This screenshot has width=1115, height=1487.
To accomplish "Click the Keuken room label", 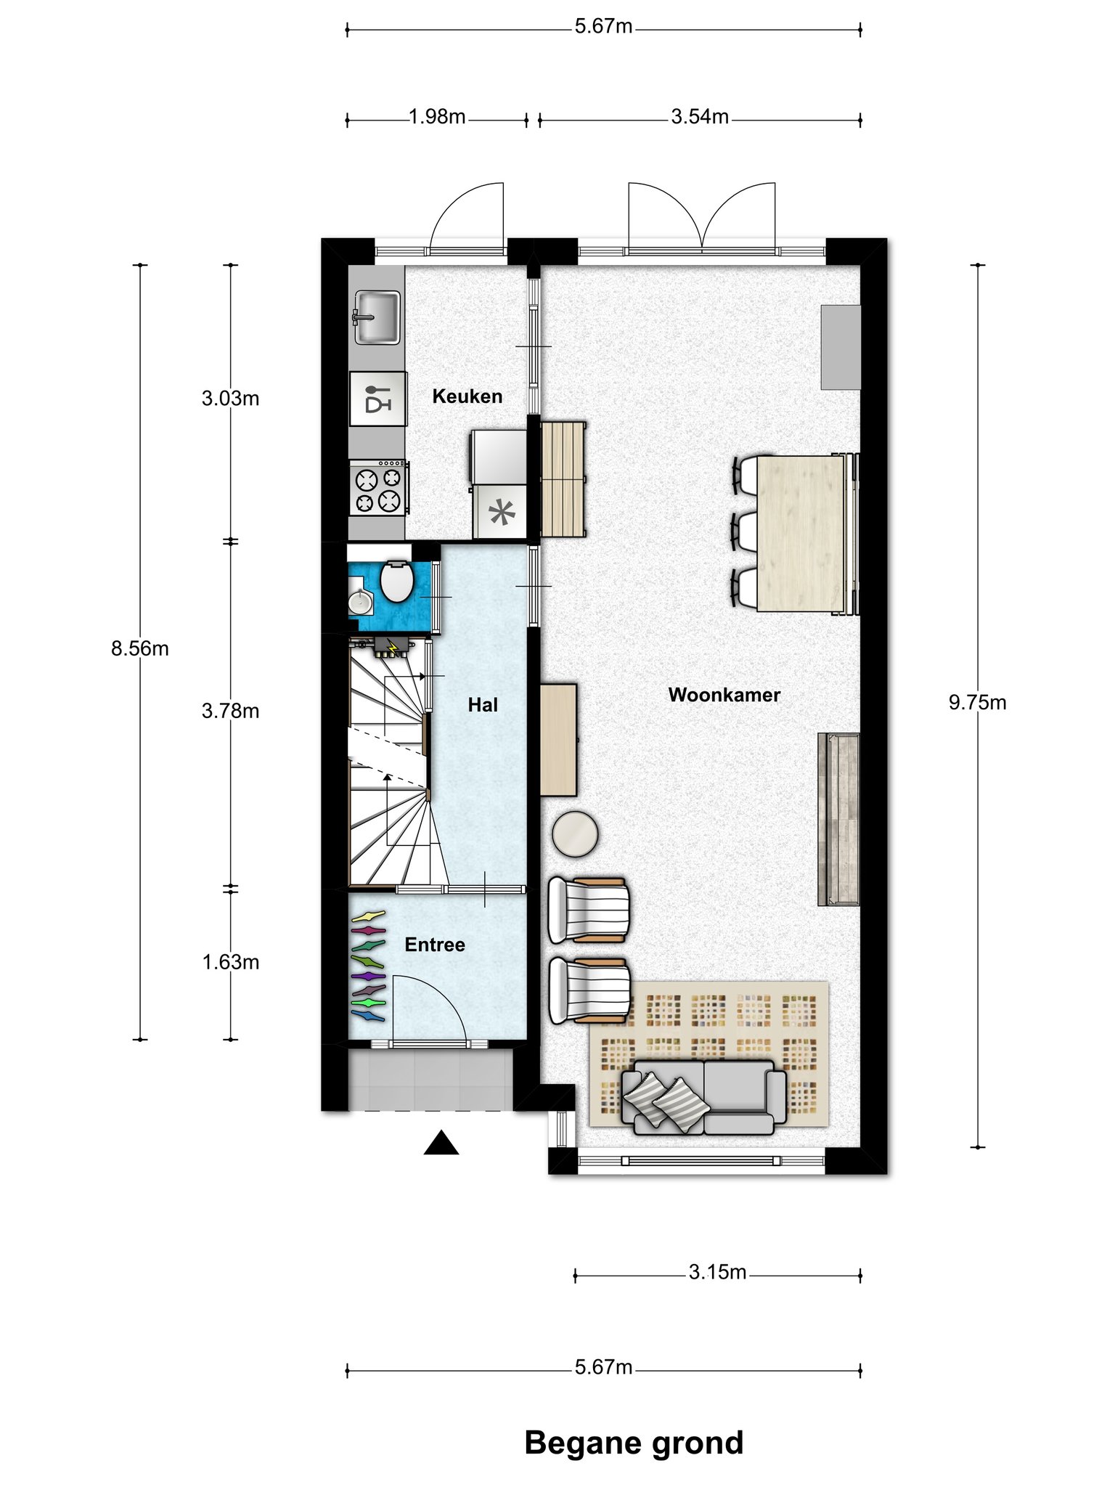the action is click(467, 396).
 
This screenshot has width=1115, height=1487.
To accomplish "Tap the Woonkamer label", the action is click(724, 695).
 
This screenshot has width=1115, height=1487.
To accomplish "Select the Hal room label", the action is click(483, 705).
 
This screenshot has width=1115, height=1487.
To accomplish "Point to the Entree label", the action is click(435, 945).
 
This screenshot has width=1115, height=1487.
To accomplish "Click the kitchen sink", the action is click(377, 317).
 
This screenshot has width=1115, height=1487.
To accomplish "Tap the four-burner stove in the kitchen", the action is click(378, 488).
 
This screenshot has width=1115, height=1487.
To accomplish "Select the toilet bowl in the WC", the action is click(396, 580).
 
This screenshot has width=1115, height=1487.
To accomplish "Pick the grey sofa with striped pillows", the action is click(703, 1096).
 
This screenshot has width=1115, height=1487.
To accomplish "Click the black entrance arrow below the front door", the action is click(441, 1143).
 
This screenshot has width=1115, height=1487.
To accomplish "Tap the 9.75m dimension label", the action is click(977, 703).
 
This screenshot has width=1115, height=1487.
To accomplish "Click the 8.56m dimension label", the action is click(140, 648).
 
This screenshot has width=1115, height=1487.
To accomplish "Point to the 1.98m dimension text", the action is click(437, 117).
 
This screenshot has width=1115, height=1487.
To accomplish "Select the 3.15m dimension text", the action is click(717, 1272).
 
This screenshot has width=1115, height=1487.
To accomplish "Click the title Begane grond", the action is click(634, 1443).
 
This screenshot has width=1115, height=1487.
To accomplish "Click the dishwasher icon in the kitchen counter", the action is click(378, 399).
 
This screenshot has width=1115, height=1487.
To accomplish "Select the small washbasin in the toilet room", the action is click(360, 600).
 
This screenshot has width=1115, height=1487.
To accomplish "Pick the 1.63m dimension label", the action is click(230, 962).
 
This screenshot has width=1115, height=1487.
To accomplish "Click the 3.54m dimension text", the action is click(700, 117).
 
